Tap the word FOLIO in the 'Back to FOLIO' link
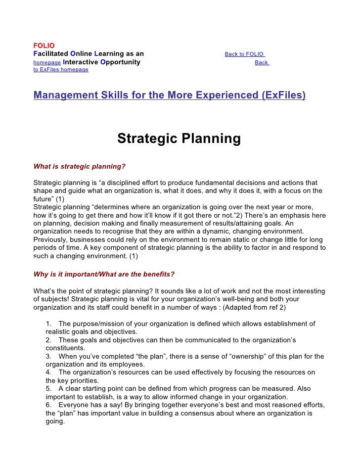[255, 54]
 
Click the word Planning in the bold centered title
[212, 139]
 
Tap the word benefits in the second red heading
[158, 274]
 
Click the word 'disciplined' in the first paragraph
[127, 183]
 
